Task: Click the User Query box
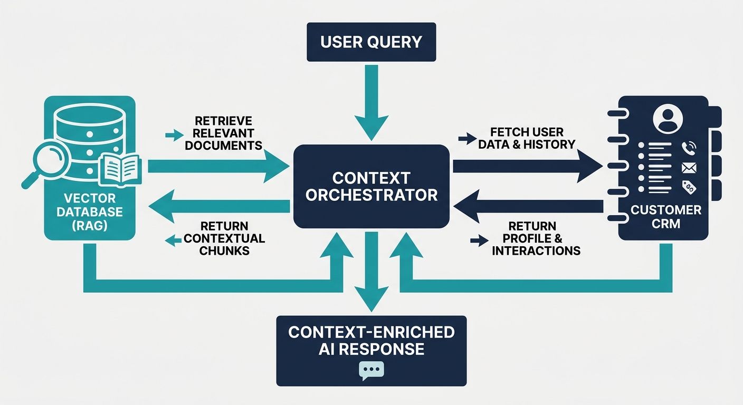coord(371,42)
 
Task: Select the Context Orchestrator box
coord(371,186)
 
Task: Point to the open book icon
coord(121,169)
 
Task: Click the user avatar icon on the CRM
coord(668,119)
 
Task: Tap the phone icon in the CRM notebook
coord(689,148)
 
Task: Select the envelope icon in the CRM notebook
coord(689,168)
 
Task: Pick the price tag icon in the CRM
coord(689,187)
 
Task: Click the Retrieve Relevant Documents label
coord(223,133)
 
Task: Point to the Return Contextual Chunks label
coord(224,238)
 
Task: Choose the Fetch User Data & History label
coord(526,138)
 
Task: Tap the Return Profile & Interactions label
coord(536,238)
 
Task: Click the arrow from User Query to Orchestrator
coord(371,105)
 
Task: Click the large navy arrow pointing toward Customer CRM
coord(528,166)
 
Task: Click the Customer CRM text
coord(666,216)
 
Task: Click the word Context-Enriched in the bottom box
coord(371,332)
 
